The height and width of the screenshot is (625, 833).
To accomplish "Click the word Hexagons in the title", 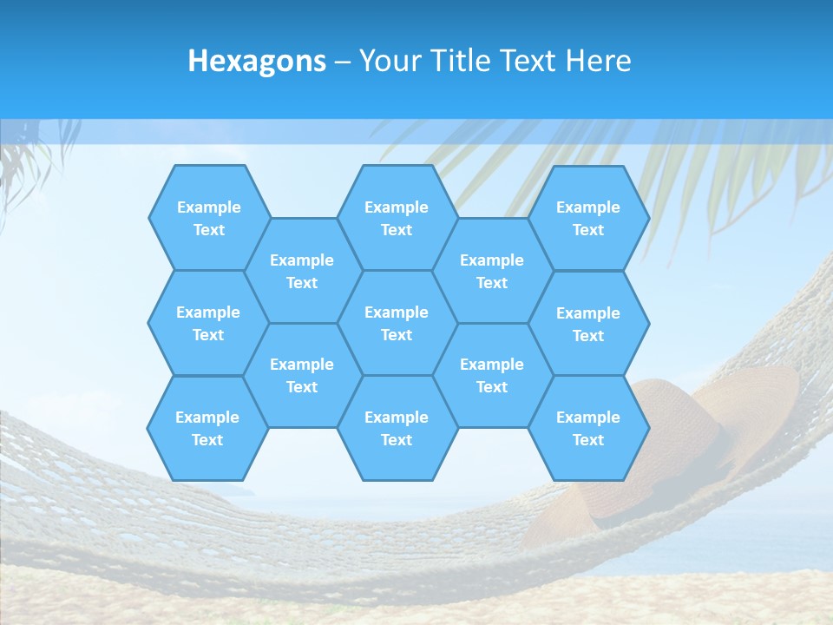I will pyautogui.click(x=257, y=61).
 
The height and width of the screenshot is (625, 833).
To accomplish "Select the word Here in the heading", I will pyautogui.click(x=598, y=61).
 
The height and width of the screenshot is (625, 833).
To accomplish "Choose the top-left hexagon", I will pyautogui.click(x=208, y=218).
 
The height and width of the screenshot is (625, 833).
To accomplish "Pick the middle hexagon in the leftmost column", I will pyautogui.click(x=208, y=323).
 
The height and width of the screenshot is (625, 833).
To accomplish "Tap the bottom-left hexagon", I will pyautogui.click(x=207, y=428).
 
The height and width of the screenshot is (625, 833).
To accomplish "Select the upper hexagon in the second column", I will pyautogui.click(x=302, y=271).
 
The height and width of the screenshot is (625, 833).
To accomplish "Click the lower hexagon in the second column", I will pyautogui.click(x=302, y=375).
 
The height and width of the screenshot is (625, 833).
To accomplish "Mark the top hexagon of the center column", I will pyautogui.click(x=397, y=218).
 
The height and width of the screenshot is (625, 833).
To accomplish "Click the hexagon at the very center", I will pyautogui.click(x=397, y=323).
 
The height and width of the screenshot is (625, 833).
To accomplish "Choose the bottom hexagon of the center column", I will pyautogui.click(x=397, y=428).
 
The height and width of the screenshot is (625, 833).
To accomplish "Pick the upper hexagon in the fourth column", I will pyautogui.click(x=492, y=271).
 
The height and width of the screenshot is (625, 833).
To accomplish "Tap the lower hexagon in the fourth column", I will pyautogui.click(x=492, y=375).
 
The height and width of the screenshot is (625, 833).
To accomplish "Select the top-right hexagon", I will pyautogui.click(x=588, y=218).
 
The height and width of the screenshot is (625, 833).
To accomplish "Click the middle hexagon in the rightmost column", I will pyautogui.click(x=588, y=324).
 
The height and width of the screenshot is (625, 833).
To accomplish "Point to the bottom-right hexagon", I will pyautogui.click(x=588, y=428).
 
